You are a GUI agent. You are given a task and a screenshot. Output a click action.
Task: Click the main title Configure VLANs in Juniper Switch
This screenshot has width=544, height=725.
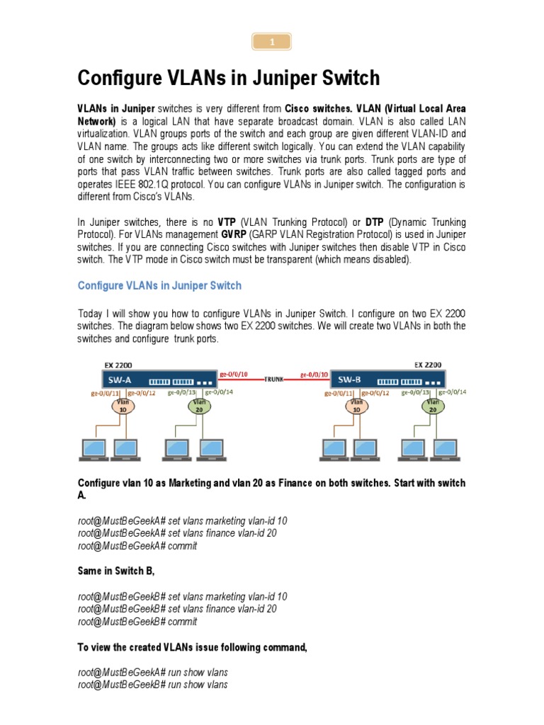point(228,78)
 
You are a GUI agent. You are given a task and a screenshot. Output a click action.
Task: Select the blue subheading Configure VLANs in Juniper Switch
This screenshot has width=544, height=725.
point(159,286)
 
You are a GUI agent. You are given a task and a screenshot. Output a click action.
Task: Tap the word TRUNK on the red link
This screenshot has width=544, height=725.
point(274,379)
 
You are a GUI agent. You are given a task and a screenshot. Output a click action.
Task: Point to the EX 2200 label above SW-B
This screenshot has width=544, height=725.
point(427,365)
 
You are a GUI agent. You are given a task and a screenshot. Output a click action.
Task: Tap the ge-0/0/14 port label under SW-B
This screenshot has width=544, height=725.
point(453,391)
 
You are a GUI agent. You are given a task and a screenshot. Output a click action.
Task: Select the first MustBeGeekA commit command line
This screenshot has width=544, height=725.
point(137,546)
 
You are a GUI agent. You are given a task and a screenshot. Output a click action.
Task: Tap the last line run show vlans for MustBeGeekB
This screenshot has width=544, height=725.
point(153,685)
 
